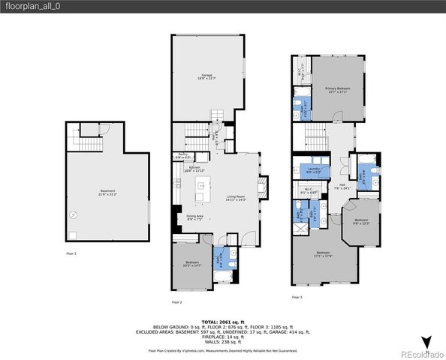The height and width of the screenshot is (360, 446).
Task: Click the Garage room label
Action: click(206, 76)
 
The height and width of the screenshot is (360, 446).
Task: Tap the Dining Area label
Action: click(194, 217)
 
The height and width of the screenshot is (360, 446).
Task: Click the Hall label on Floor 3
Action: click(342, 185)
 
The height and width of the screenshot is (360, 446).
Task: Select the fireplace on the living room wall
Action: click(261, 185)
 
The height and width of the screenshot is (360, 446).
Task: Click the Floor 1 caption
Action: click(71, 254)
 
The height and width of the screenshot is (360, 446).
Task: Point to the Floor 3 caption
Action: click(297, 297)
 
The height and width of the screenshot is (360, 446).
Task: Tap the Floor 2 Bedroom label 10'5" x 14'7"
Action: click(191, 263)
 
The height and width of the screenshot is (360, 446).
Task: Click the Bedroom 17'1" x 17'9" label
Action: click(322, 253)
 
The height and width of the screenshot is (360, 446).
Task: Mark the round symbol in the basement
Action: click(74, 214)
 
